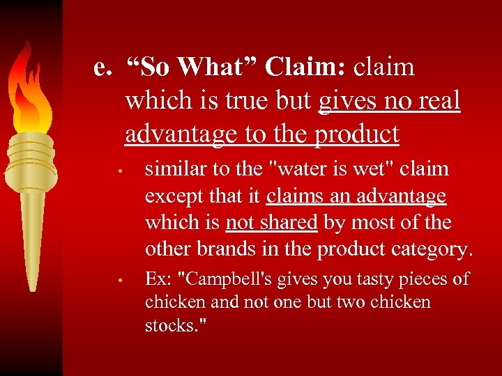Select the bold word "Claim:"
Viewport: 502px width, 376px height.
[x=304, y=68]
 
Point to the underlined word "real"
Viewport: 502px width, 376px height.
[x=437, y=101]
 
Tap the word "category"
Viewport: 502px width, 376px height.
[x=434, y=249]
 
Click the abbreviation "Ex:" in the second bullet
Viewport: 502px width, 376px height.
[x=158, y=279]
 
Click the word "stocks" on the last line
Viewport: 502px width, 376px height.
[x=168, y=326]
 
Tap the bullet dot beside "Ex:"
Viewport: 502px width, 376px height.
[x=120, y=281]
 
